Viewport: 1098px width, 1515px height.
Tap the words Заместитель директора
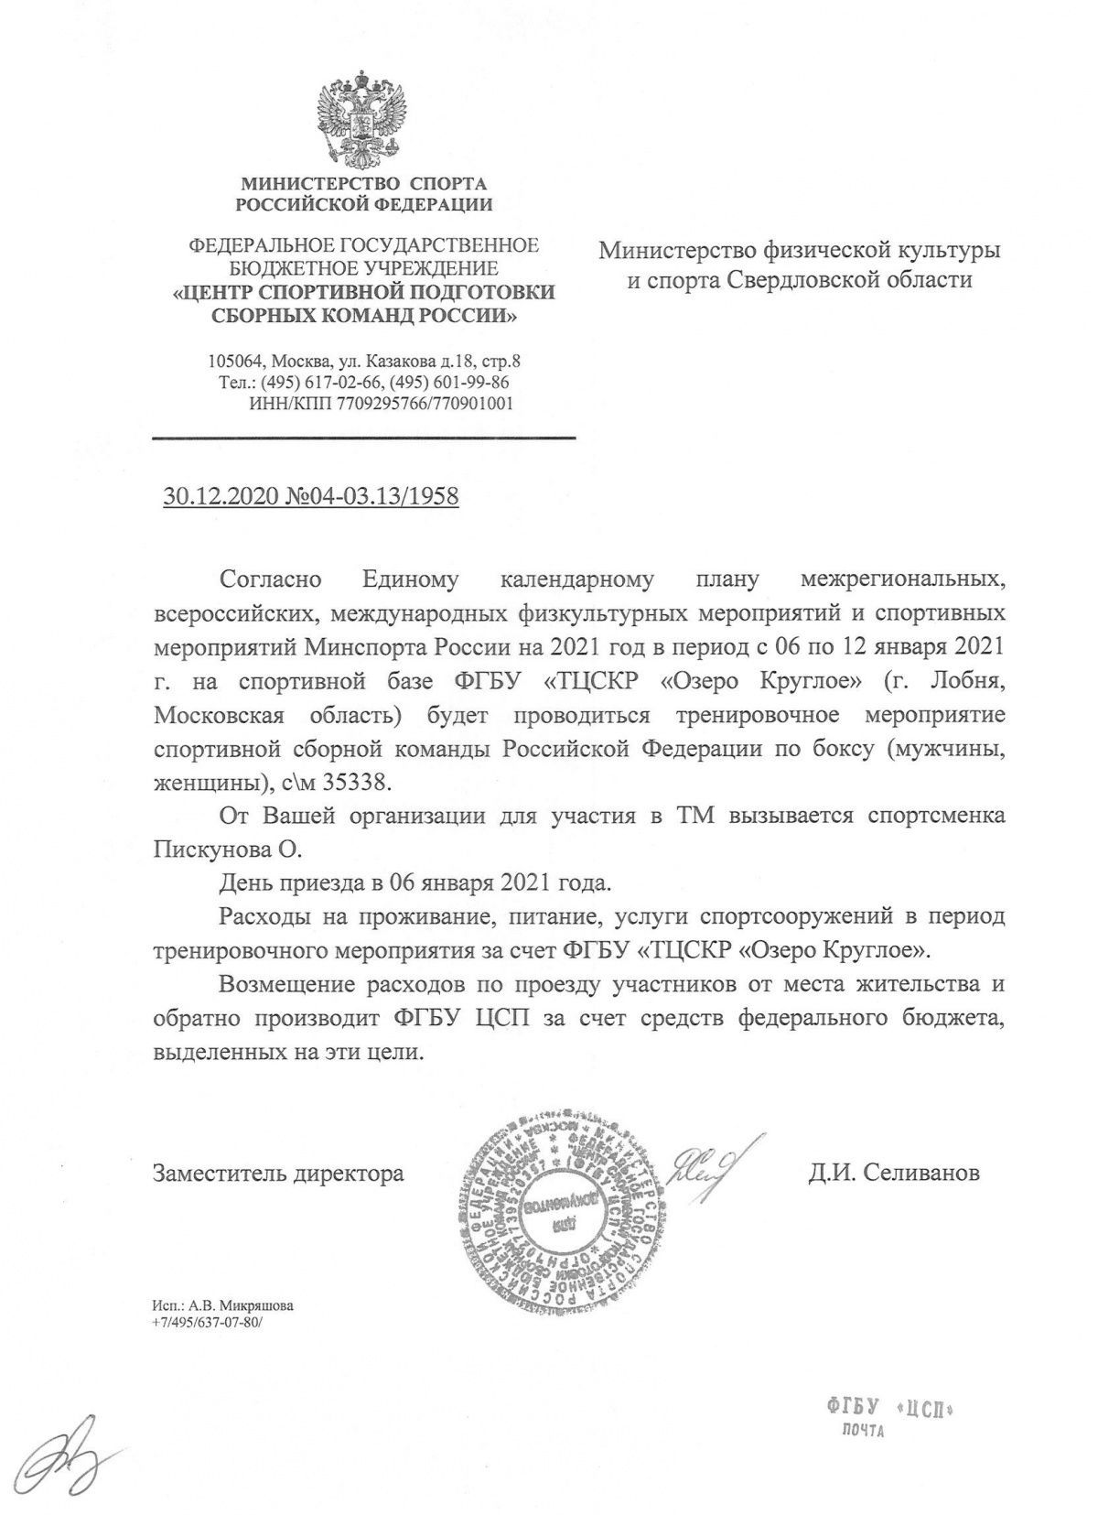[x=278, y=1173]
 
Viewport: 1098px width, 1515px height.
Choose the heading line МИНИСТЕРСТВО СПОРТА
[x=363, y=184]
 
